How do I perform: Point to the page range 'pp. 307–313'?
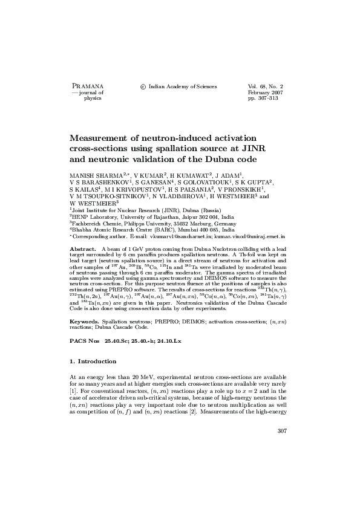click(x=263, y=99)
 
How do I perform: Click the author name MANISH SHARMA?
click(x=94, y=174)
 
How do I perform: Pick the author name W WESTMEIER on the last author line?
click(x=94, y=203)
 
